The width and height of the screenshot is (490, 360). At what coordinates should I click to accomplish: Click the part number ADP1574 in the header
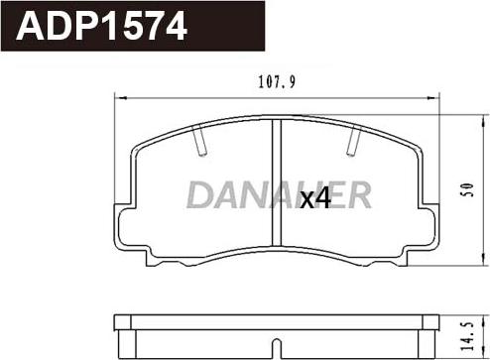[x=102, y=26]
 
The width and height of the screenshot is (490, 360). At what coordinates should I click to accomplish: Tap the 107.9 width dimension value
[x=277, y=82]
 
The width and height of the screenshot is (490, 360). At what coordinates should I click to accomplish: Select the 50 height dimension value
[x=468, y=189]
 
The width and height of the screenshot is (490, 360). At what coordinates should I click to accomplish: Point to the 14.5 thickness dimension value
[x=468, y=336]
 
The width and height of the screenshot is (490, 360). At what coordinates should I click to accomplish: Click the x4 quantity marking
[x=315, y=198]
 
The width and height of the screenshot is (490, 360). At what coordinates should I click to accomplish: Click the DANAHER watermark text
[x=279, y=195]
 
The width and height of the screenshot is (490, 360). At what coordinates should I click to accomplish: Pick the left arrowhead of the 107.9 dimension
[x=122, y=98]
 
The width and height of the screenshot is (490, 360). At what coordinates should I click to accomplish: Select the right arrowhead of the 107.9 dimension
[x=431, y=98]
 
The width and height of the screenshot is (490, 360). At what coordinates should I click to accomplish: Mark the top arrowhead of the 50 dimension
[x=484, y=120]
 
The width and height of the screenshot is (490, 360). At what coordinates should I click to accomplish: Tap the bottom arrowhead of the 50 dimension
[x=484, y=260]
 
